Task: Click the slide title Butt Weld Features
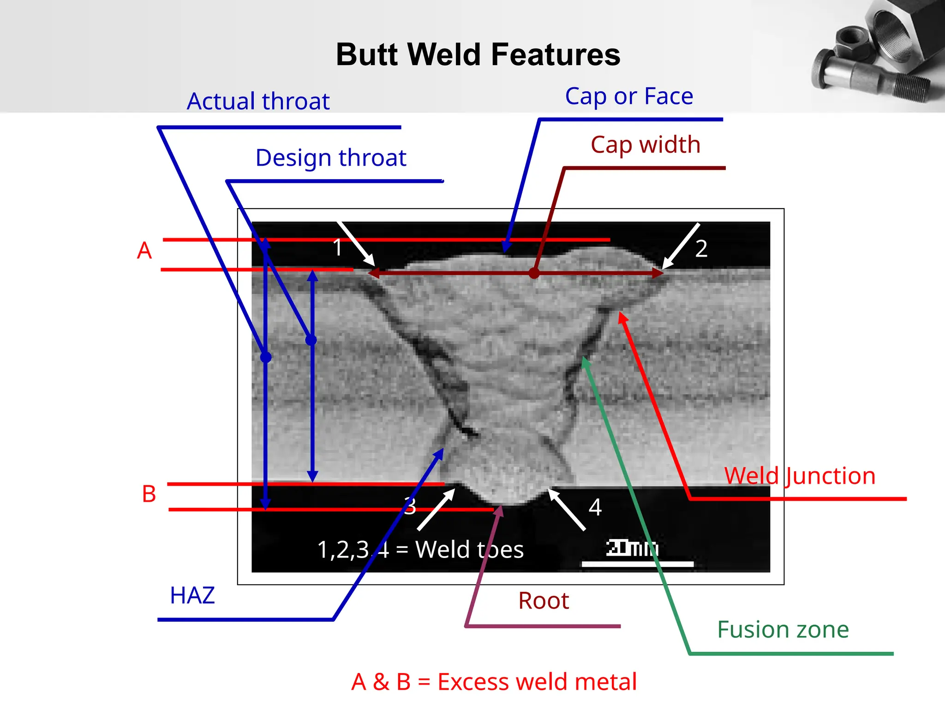click(478, 54)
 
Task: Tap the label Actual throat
click(258, 101)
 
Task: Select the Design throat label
click(331, 158)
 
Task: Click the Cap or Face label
click(629, 96)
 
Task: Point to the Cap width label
click(646, 144)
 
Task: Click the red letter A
click(144, 251)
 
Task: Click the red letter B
click(149, 494)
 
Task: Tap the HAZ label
click(192, 595)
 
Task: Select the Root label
click(544, 601)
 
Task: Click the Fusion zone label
click(783, 630)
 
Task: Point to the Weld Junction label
click(800, 476)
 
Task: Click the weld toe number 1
click(338, 248)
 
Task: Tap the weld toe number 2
click(701, 249)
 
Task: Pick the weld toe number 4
click(595, 507)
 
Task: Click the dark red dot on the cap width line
click(534, 273)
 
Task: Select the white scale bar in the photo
click(637, 564)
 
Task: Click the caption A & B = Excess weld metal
click(494, 682)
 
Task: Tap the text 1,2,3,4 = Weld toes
click(420, 550)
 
